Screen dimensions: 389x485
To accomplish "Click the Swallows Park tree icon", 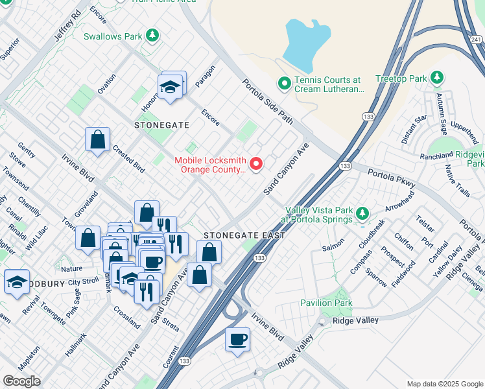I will tap(152, 36).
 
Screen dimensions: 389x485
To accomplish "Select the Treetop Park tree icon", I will tap(437, 78).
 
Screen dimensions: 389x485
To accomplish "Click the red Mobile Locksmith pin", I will tap(256, 164).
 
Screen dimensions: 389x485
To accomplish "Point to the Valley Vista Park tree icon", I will tap(362, 213).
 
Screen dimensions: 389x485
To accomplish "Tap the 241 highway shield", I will tap(475, 40).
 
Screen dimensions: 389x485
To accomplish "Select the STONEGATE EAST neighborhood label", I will tap(244, 235).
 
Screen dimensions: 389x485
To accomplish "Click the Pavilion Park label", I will tap(326, 303).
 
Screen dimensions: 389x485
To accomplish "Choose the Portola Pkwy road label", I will tap(390, 177).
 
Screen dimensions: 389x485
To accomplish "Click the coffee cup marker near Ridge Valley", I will tap(238, 339).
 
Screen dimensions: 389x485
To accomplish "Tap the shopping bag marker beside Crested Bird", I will tap(97, 139).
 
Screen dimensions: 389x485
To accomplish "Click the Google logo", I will tap(21, 381).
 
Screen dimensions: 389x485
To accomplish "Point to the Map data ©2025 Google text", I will tap(444, 384).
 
